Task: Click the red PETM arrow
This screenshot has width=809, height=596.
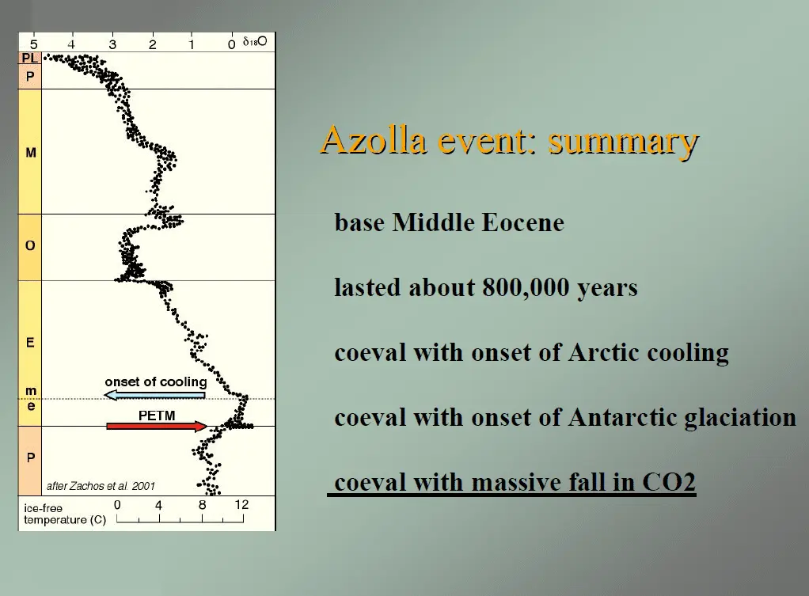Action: point(157,427)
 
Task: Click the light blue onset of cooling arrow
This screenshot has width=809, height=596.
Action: point(155,395)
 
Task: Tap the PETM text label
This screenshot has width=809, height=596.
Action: point(157,416)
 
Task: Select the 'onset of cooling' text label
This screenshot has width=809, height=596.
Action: point(156,382)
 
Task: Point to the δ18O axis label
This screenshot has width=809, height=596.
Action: point(255,41)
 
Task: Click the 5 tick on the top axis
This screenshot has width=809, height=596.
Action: point(33,45)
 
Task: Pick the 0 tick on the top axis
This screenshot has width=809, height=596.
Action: point(232,45)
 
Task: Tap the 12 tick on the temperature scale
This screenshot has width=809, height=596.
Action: point(241,504)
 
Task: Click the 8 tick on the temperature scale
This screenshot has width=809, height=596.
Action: point(203,504)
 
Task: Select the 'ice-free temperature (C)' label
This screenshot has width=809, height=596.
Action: point(65,514)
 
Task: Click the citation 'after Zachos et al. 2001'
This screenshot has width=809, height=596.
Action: point(101,486)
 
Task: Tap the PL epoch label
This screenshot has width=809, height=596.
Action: point(30,59)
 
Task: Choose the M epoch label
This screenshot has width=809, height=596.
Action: point(31,153)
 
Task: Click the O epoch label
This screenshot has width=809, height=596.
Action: point(30,245)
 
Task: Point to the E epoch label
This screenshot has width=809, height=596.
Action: point(30,343)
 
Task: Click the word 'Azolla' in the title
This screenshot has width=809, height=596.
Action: point(374,139)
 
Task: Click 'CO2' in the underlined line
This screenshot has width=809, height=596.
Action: point(669,482)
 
